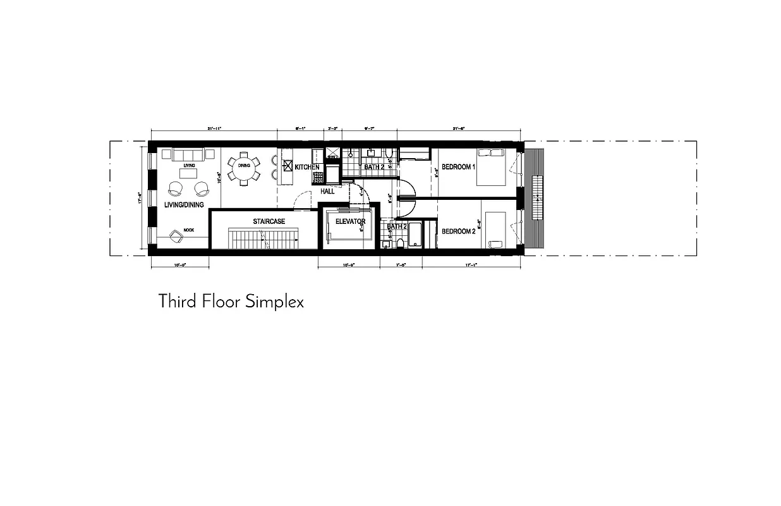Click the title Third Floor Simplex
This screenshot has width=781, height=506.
point(231,301)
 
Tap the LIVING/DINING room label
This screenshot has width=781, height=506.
point(184,205)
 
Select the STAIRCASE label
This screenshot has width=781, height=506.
point(269,221)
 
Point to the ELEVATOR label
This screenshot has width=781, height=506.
point(351,222)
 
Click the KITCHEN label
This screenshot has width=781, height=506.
point(306,167)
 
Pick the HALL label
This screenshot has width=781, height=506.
point(327,191)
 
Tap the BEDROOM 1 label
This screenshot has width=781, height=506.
point(457,167)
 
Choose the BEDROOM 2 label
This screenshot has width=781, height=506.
point(457,231)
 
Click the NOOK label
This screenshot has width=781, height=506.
point(189,230)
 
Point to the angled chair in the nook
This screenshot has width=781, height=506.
point(176,237)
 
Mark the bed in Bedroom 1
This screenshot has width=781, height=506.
point(491,166)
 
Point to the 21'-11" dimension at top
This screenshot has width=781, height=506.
point(213,128)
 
